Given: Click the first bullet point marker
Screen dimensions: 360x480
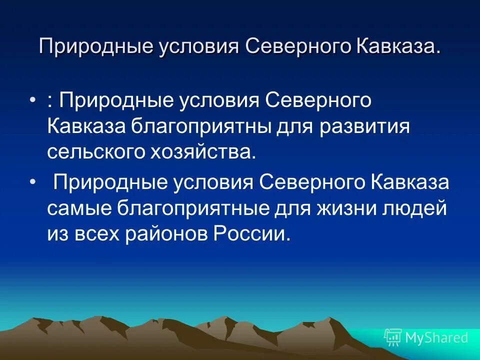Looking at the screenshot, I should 33,100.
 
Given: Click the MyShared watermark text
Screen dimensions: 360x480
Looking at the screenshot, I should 436,337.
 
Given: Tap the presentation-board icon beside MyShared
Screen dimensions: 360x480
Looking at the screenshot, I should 392,337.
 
